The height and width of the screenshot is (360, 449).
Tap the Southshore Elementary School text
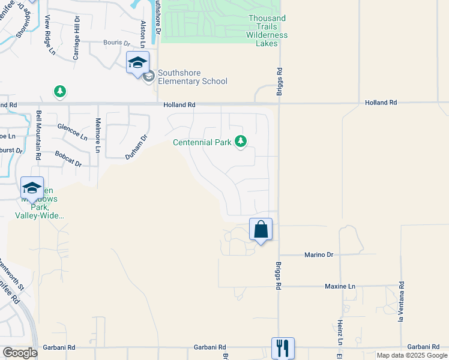click(193, 82)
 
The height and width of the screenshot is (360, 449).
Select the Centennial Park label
click(202, 142)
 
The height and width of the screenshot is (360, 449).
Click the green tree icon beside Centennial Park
click(241, 142)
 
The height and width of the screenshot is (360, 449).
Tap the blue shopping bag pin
click(261, 230)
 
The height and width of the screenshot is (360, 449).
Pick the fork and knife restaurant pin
click(283, 347)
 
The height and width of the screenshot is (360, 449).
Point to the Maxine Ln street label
click(340, 286)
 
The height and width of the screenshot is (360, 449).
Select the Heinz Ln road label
click(340, 332)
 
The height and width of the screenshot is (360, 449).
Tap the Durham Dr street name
click(136, 147)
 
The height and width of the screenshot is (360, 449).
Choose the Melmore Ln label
click(98, 128)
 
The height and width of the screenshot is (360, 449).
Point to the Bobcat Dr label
click(68, 159)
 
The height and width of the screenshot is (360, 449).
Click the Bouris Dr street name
click(116, 43)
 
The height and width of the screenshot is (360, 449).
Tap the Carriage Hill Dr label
click(76, 38)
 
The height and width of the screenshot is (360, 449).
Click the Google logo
click(20, 353)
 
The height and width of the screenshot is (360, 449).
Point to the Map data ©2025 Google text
click(412, 355)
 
